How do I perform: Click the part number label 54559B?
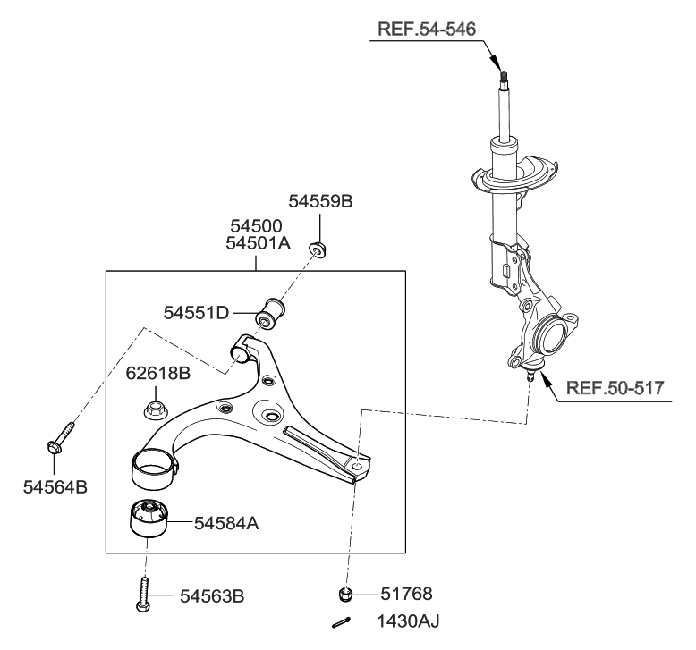pos(320,202)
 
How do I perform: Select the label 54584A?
pos(226,524)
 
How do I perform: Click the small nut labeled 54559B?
pos(318,247)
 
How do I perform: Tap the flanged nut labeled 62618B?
pos(151,413)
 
